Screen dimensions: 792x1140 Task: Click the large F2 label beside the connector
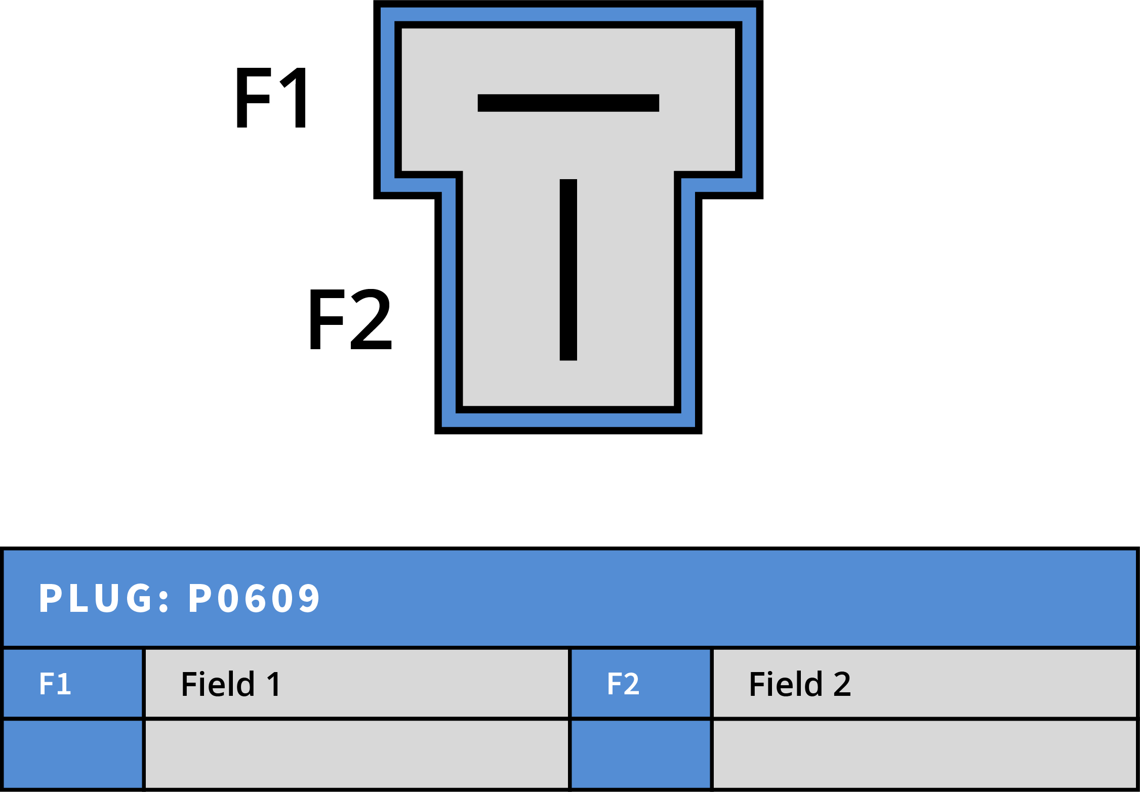tap(350, 319)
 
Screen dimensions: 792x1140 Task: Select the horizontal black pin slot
tap(568, 103)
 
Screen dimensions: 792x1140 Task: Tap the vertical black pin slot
tap(568, 270)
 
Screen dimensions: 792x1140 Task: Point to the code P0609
tap(254, 598)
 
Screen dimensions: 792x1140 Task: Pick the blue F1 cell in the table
tap(72, 684)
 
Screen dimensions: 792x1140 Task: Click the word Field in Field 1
tap(218, 684)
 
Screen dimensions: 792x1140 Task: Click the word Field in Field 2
tap(786, 684)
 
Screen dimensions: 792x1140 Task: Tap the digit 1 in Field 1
tap(274, 684)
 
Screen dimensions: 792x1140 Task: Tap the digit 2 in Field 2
tap(842, 684)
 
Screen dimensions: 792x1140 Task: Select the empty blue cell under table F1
tap(72, 754)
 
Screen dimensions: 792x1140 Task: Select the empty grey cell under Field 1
tap(356, 754)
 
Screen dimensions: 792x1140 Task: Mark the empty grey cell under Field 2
tap(924, 754)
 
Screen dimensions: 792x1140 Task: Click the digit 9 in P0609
tap(309, 598)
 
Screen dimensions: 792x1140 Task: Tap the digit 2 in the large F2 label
tap(372, 319)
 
